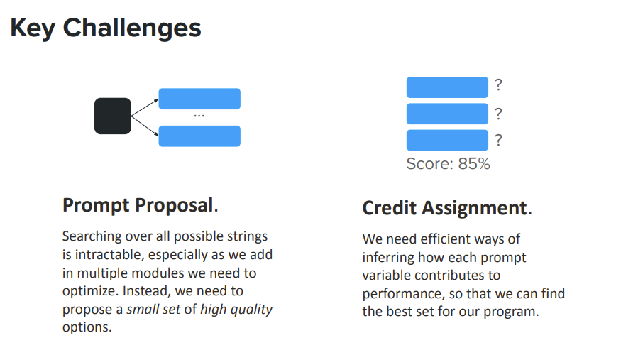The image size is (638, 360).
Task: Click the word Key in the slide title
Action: point(33,28)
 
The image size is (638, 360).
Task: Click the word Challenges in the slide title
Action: point(132,28)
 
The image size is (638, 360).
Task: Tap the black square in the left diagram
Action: point(113,116)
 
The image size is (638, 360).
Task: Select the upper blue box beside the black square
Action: point(199,99)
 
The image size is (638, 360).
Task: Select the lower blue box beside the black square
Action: point(199,136)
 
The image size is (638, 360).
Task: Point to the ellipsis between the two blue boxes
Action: point(199,116)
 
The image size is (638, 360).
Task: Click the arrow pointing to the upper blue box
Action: point(145,107)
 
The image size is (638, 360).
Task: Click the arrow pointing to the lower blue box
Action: point(145,126)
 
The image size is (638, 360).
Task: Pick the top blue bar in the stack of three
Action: point(447,87)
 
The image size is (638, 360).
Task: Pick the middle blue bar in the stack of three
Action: point(447,114)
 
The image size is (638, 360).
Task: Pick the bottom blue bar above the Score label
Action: point(447,140)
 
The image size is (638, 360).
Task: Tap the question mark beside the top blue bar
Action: point(498,85)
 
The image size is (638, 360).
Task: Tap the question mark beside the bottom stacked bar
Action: point(498,141)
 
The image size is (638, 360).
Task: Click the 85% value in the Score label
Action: point(474,164)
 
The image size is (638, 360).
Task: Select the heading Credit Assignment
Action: point(447,208)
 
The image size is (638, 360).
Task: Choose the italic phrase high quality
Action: point(236,310)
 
